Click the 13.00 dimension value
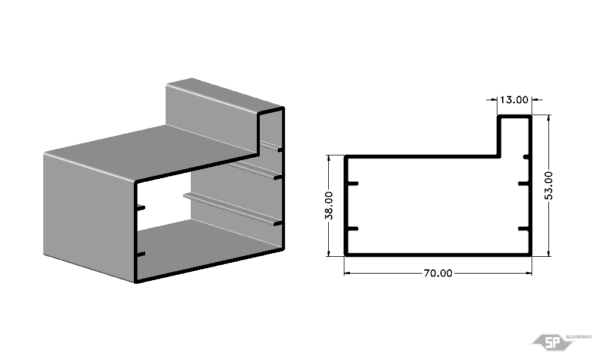click(514, 100)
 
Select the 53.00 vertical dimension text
click(548, 185)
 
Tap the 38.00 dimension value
click(329, 205)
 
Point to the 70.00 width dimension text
click(438, 273)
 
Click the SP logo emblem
click(552, 341)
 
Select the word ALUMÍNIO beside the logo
click(578, 337)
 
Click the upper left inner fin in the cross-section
click(352, 184)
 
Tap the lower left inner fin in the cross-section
click(352, 229)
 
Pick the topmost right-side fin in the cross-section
click(526, 157)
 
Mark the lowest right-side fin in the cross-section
click(523, 229)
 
